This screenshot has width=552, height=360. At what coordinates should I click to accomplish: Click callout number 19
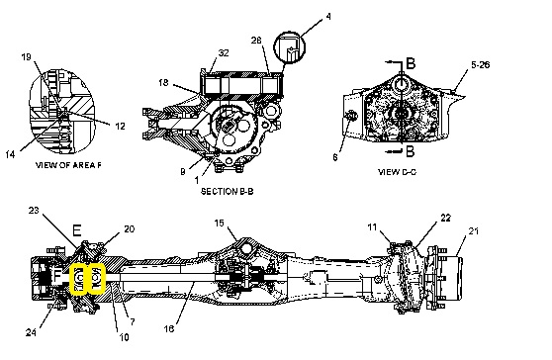[x=27, y=56]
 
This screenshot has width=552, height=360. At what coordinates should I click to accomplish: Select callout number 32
[x=224, y=52]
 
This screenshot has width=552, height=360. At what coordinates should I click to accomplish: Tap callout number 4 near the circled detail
[x=328, y=16]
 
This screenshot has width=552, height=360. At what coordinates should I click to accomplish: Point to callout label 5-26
[x=480, y=64]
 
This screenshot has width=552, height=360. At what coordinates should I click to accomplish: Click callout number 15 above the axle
[x=219, y=224]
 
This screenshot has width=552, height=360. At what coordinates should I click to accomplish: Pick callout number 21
[x=474, y=231]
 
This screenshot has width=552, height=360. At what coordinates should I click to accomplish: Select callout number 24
[x=31, y=332]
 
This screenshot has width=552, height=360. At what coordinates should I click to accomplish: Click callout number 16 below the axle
[x=169, y=328]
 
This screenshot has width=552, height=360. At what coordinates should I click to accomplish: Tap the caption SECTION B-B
[x=228, y=192]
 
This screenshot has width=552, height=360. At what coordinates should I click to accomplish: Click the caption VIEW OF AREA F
[x=68, y=165]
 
